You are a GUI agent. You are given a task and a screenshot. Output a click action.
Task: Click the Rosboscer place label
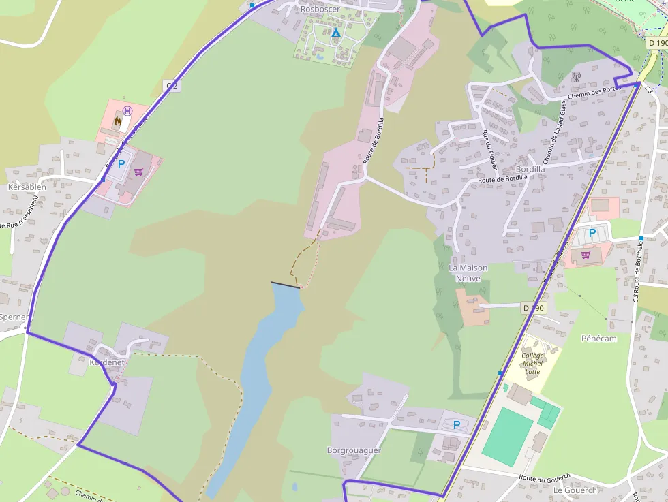pyautogui.click(x=320, y=10)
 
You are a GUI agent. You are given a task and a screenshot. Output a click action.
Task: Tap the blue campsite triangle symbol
pyautogui.click(x=335, y=33)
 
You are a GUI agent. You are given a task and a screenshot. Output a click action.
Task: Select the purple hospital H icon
pyautogui.click(x=127, y=112)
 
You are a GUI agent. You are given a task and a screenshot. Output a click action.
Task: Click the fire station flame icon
pyautogui.click(x=119, y=123)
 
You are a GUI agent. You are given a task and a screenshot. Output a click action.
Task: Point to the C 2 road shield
pyautogui.click(x=172, y=85)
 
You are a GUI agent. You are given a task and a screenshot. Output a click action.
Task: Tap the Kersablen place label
pyautogui.click(x=27, y=187)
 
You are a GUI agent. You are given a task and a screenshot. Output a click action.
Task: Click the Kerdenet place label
pyautogui.click(x=107, y=362)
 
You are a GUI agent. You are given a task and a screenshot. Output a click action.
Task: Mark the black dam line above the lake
pyautogui.click(x=285, y=285)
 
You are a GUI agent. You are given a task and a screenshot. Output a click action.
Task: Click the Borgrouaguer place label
pyautogui.click(x=354, y=450)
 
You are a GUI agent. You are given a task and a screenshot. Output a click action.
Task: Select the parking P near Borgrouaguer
pyautogui.click(x=456, y=425)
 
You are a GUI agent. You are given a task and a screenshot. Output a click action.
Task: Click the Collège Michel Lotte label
pyautogui.click(x=532, y=363)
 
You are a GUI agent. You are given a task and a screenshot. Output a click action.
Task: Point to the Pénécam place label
pyautogui.click(x=598, y=338)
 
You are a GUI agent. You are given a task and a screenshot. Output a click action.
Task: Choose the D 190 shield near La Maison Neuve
pyautogui.click(x=534, y=308)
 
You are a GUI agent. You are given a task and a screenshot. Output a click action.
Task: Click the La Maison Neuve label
pyautogui.click(x=469, y=273)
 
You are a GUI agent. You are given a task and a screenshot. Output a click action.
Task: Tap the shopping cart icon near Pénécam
pyautogui.click(x=586, y=255)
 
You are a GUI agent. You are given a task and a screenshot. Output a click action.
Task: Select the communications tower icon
pyautogui.click(x=576, y=77)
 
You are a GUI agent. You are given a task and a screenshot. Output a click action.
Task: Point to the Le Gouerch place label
pyautogui.click(x=575, y=490)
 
